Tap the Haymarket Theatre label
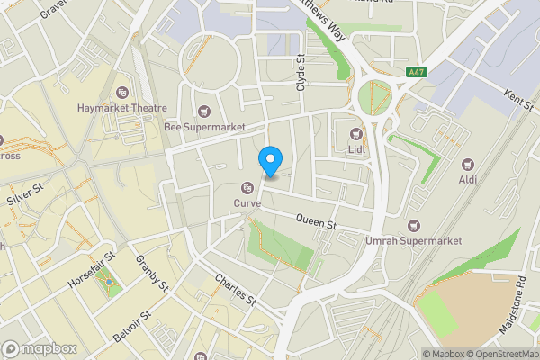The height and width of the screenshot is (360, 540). [x=123, y=108]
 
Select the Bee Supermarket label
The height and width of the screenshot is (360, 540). [x=204, y=128]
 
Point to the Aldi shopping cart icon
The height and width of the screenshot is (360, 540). [x=467, y=165]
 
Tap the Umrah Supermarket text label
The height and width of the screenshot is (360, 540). [x=414, y=241]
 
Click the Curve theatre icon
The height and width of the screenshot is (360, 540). [x=247, y=187]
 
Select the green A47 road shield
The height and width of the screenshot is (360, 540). [x=416, y=72]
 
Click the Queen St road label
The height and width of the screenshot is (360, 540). [x=316, y=220]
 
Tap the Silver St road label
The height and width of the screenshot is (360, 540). [x=24, y=193]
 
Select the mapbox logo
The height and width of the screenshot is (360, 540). [x=40, y=348]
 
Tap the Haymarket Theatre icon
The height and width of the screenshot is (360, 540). [x=123, y=92]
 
